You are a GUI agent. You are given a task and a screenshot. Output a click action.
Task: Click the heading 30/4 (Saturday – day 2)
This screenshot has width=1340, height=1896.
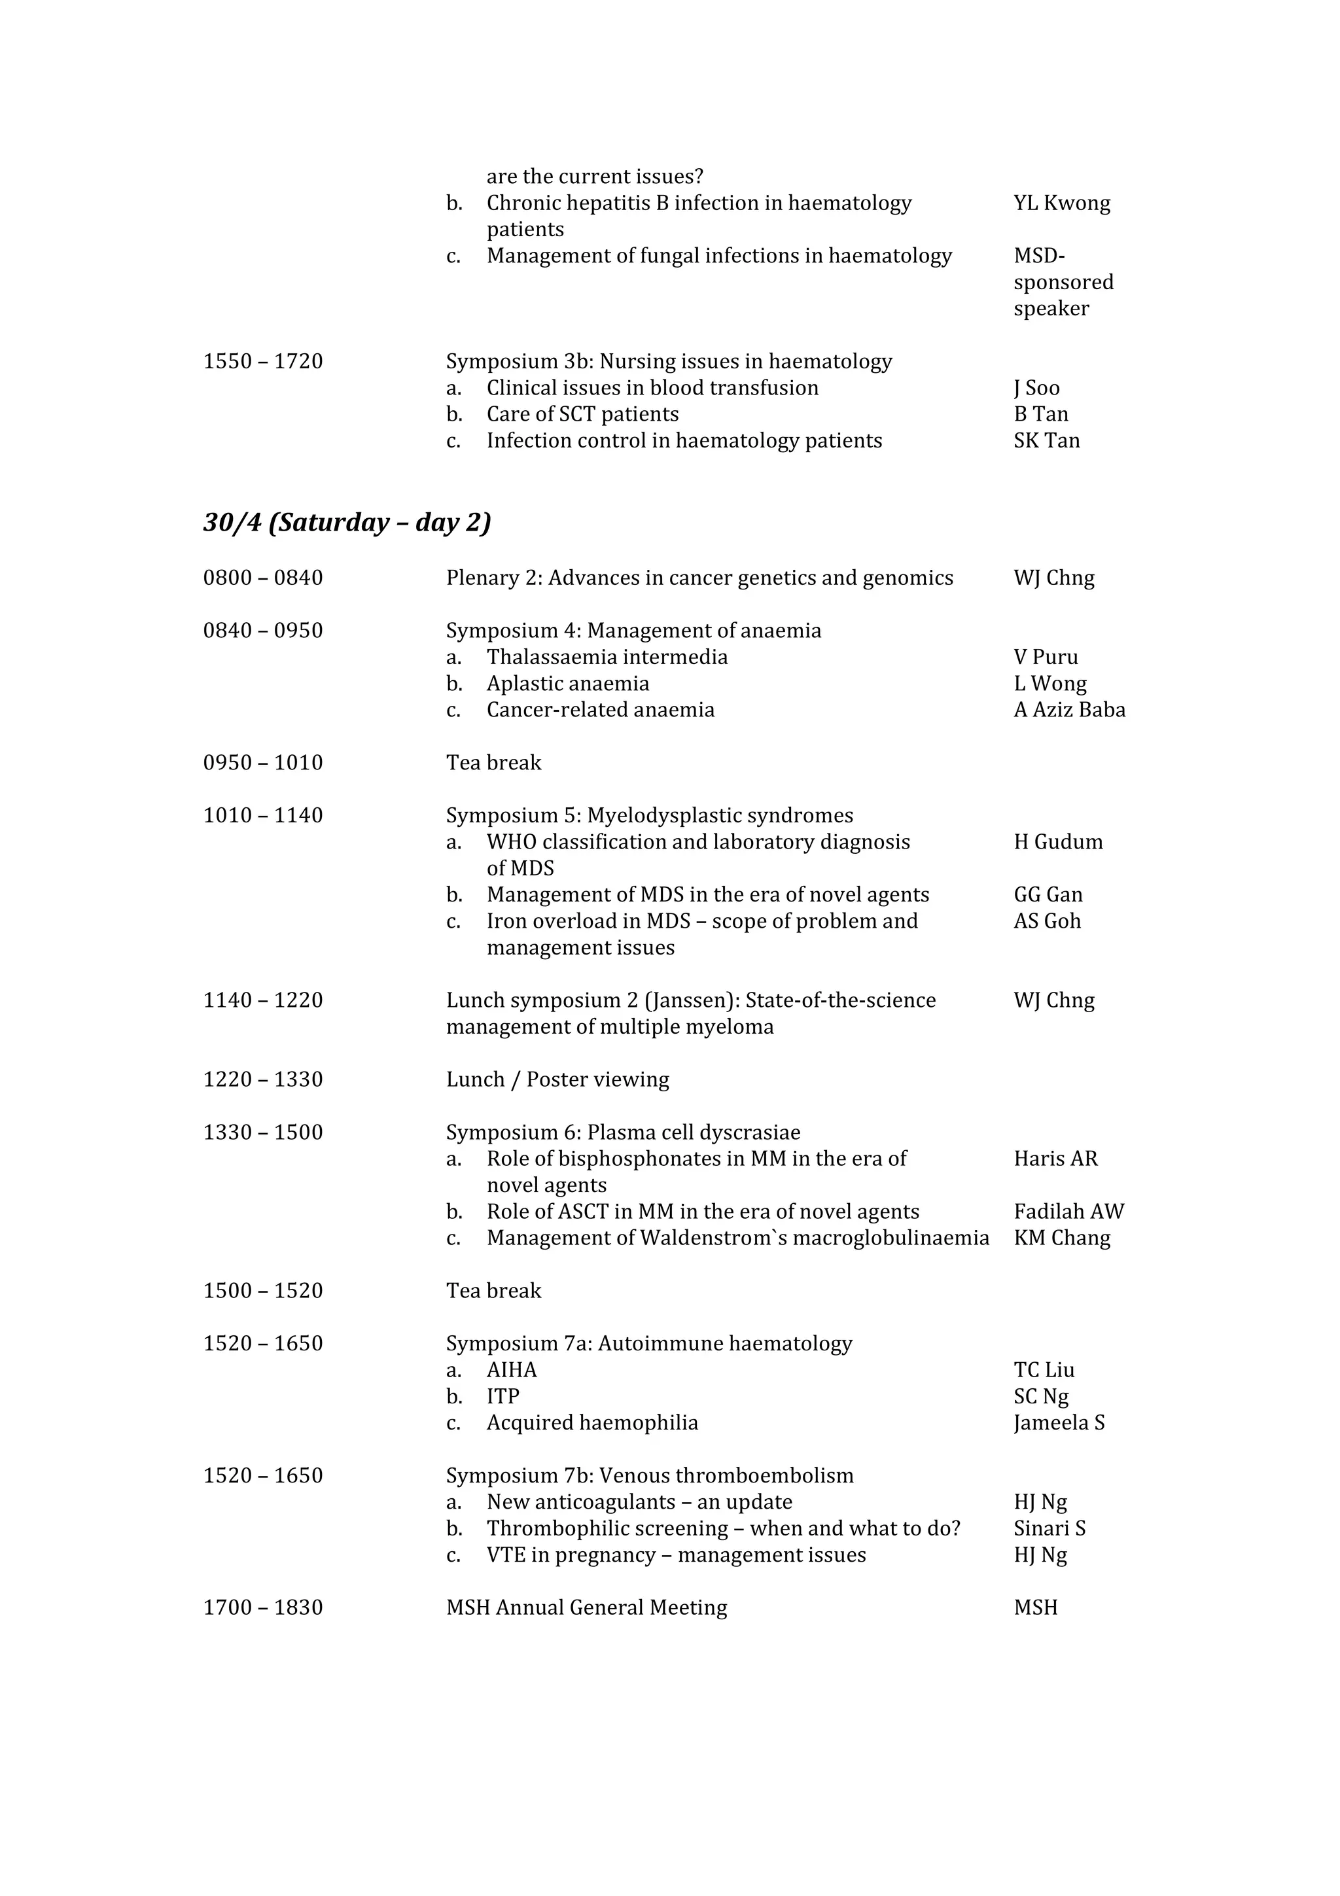[x=347, y=523]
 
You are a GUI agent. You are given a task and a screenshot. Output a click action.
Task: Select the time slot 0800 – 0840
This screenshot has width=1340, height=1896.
[x=262, y=578]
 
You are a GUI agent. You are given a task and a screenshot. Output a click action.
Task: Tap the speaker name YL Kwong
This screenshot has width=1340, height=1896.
[x=1062, y=203]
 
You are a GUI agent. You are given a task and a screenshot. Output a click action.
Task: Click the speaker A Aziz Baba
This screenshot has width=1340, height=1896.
[x=1069, y=710]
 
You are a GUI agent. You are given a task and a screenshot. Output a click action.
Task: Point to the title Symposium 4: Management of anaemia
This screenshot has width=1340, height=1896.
[x=633, y=631]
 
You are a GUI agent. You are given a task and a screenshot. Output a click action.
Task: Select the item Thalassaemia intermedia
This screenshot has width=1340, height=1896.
[x=607, y=658]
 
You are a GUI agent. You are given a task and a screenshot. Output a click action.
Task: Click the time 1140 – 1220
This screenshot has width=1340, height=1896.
[x=262, y=1001]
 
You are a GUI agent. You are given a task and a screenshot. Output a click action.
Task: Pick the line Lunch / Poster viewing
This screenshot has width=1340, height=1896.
[x=557, y=1080]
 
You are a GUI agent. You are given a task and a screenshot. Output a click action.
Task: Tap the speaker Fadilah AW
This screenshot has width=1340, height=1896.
[x=1068, y=1212]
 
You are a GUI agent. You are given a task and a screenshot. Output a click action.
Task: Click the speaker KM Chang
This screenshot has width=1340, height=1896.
[x=1062, y=1238]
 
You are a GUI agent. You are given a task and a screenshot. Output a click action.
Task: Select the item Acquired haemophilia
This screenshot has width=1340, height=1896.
[x=592, y=1423]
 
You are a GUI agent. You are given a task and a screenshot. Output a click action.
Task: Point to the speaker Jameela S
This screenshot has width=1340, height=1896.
[x=1059, y=1423]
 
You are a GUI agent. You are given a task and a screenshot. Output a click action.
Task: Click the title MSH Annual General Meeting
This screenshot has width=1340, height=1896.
[x=586, y=1607]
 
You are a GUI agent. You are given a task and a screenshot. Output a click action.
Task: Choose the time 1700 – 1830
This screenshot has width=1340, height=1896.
[x=262, y=1607]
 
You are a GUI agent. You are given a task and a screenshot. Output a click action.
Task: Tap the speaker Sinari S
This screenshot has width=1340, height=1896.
[x=1049, y=1528]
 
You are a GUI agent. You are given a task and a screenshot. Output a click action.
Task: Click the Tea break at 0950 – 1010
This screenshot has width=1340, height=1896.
[x=494, y=763]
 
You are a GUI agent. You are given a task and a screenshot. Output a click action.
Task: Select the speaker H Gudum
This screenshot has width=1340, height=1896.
[x=1057, y=842]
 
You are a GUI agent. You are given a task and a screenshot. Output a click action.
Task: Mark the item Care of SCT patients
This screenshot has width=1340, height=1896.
[x=582, y=415]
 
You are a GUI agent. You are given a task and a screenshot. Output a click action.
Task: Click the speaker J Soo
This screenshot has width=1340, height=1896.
[x=1036, y=388]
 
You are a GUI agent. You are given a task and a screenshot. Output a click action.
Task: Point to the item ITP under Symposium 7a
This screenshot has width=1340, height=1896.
[x=502, y=1396]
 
